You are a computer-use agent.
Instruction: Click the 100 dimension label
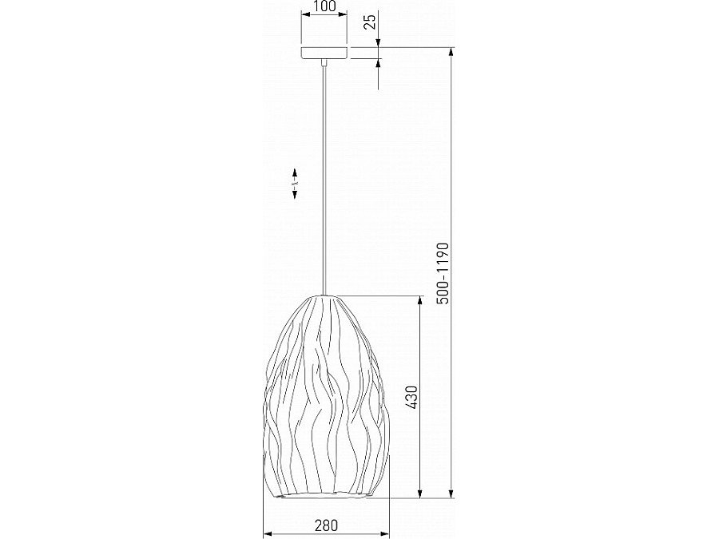[x=324, y=6]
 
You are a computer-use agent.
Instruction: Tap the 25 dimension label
[x=370, y=22]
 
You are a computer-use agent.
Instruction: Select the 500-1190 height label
[x=443, y=273]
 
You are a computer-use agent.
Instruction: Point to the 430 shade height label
[x=411, y=397]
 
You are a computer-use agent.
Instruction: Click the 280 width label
[x=326, y=525]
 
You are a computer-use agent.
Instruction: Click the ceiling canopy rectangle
[x=324, y=53]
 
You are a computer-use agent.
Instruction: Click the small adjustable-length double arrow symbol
[x=295, y=184]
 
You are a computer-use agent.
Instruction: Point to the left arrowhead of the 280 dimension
[x=268, y=534]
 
